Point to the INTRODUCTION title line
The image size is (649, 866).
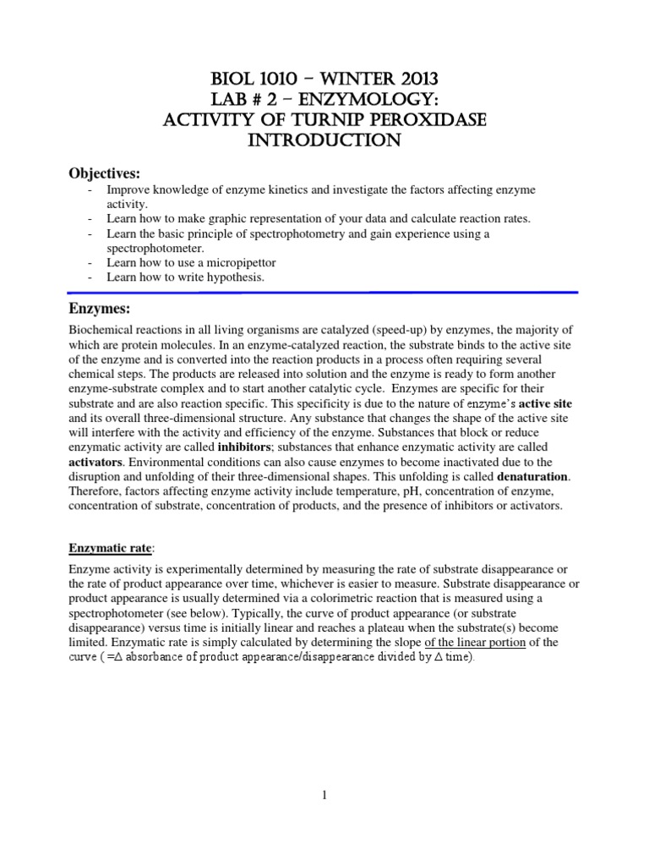[x=324, y=140]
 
